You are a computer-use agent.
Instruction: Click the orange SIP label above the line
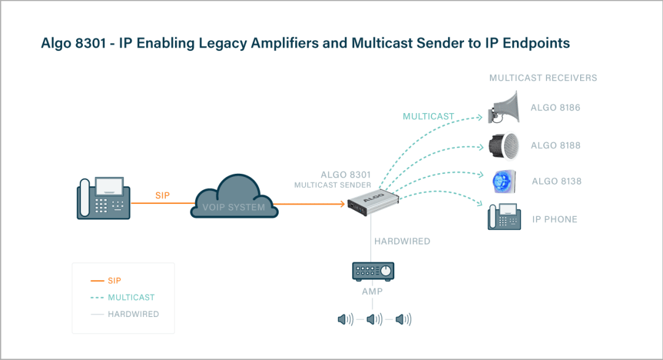(162, 195)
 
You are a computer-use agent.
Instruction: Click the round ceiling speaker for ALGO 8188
(504, 146)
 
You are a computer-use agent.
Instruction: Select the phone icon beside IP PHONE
(504, 217)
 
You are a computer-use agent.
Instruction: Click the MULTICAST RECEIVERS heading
(543, 78)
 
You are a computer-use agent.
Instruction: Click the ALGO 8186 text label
(555, 108)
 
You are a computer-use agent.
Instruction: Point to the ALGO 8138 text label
(556, 182)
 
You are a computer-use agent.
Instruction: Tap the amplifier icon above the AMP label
(373, 270)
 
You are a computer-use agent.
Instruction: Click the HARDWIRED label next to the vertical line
(403, 241)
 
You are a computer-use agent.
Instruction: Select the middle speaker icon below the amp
(374, 319)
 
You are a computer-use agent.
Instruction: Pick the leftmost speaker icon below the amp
(345, 319)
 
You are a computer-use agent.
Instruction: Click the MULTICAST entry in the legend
(131, 297)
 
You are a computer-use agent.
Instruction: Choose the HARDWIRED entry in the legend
(133, 314)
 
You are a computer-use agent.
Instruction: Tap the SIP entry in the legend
(114, 281)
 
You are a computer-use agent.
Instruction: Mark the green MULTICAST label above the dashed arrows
(428, 116)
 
